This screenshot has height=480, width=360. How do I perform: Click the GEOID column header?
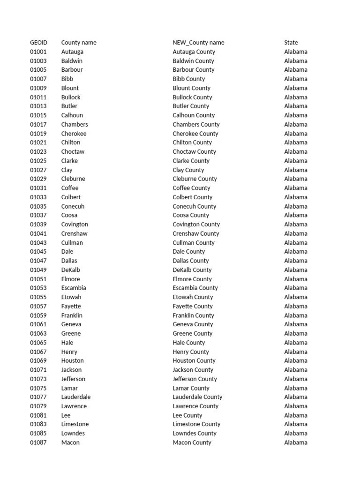click(39, 43)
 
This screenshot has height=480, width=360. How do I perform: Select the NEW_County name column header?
click(198, 43)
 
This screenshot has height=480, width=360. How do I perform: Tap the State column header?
click(291, 43)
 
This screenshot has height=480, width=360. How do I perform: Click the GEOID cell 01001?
click(38, 52)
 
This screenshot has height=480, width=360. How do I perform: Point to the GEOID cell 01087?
click(38, 442)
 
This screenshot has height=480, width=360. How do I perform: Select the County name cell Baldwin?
click(72, 61)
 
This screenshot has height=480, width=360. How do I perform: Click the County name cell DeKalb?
click(71, 270)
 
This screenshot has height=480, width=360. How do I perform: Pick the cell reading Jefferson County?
click(195, 379)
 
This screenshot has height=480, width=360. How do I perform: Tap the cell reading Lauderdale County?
click(197, 397)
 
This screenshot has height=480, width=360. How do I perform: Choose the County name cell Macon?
click(70, 442)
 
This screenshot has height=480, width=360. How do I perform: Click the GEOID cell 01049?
click(38, 270)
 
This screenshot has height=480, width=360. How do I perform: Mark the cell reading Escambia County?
click(195, 288)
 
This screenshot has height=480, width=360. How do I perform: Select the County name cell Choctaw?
click(73, 151)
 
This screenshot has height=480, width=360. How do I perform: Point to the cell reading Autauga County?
click(194, 52)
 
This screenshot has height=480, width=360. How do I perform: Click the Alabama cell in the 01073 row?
click(296, 379)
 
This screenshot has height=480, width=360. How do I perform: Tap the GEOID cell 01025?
click(38, 161)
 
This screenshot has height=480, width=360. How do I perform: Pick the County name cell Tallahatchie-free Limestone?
click(75, 424)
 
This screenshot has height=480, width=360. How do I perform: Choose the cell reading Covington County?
click(196, 225)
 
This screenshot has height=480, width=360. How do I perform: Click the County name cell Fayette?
click(71, 306)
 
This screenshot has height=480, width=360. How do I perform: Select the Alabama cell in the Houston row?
click(296, 360)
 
